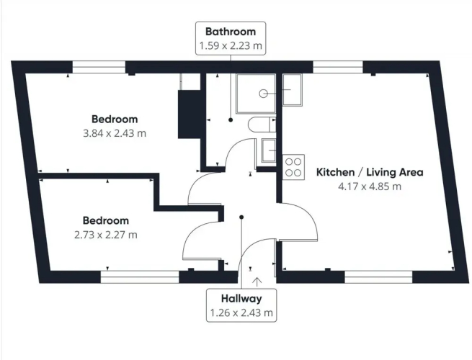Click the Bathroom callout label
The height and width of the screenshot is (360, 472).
pos(231,38)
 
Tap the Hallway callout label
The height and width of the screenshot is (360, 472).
pos(241,305)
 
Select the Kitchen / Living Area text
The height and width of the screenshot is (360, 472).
pos(370,172)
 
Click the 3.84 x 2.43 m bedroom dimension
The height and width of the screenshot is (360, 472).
pos(115,133)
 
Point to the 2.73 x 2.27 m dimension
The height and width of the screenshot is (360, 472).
pos(106,235)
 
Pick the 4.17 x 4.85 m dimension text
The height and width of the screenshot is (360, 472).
pos(370,186)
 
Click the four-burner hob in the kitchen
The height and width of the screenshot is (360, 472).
pos(293,167)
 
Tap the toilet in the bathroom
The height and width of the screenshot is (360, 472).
pos(262,125)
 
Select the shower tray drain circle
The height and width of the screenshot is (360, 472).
pos(264,94)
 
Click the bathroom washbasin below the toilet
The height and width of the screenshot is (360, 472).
pos(269,150)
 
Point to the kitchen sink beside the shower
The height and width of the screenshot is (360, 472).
pos(292,89)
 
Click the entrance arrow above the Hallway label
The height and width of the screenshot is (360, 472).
pos(257,281)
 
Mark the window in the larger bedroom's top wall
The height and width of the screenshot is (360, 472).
pos(99,67)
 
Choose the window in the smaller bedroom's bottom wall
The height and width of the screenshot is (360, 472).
pos(140,277)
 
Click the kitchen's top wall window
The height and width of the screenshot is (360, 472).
pos(338,67)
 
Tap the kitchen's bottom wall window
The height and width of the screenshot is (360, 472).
pos(378,277)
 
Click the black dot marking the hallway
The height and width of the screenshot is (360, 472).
pos(241,217)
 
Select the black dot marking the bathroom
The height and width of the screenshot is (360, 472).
pos(231,120)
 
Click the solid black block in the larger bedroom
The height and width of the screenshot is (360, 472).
pos(190,114)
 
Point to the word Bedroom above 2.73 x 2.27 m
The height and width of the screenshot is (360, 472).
pos(106,220)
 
